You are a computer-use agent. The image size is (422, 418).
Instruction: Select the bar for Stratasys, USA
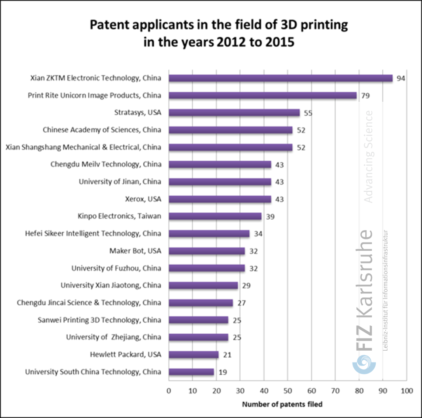[x=234, y=113]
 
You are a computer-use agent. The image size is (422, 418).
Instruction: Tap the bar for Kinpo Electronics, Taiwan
[x=215, y=216]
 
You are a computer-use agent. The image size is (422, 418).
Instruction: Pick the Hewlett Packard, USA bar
[x=194, y=355]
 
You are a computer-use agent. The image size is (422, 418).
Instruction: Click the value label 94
[x=401, y=78]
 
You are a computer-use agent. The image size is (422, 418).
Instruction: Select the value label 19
[x=223, y=372]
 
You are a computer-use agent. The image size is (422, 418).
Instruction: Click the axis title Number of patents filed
[x=282, y=404]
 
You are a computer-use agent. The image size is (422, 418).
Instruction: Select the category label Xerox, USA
[x=143, y=199]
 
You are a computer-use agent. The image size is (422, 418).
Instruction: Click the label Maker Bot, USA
[x=135, y=251]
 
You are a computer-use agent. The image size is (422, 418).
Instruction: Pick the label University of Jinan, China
[x=120, y=182]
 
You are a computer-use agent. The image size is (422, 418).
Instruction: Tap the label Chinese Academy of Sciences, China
[x=102, y=130]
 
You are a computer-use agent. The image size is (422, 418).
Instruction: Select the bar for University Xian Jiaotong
[x=203, y=285]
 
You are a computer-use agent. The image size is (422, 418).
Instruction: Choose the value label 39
[x=270, y=216]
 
